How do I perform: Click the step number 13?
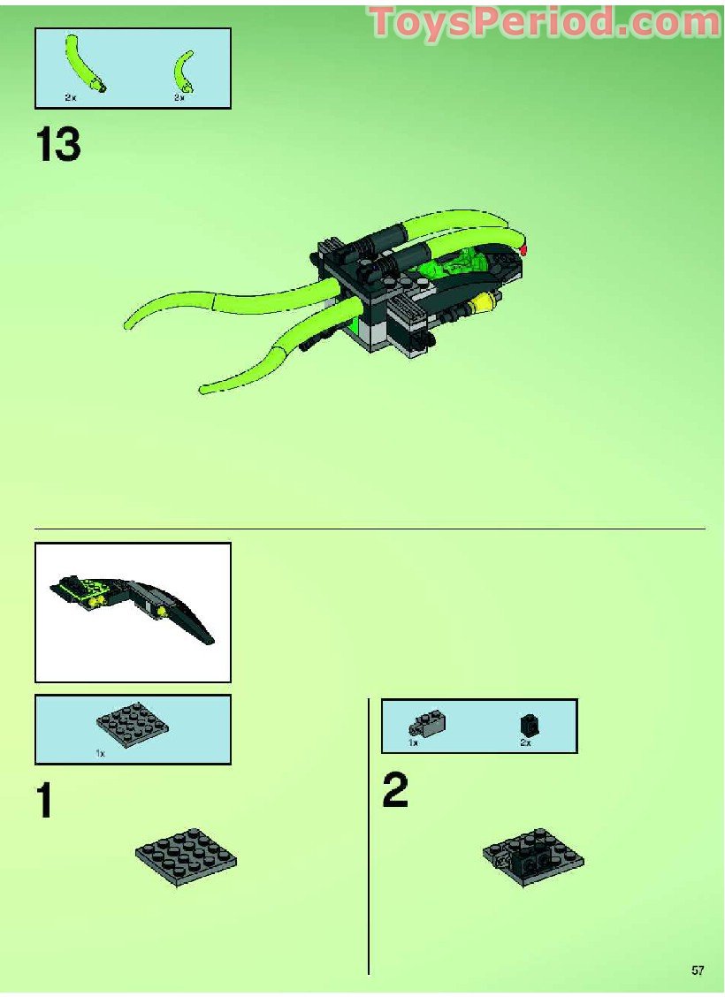point(58,145)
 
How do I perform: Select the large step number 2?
point(395,790)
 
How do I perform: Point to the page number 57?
point(698,970)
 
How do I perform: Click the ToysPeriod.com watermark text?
point(545,22)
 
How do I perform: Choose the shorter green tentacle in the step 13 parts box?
point(185,70)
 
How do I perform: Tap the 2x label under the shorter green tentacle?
point(179,97)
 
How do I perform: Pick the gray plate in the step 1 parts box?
point(132,727)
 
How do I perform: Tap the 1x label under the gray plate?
point(100,754)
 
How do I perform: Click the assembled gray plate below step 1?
point(186,856)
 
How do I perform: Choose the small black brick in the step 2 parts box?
point(529,726)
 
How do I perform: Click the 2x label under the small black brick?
point(525,744)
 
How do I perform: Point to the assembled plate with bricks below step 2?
point(533,856)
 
